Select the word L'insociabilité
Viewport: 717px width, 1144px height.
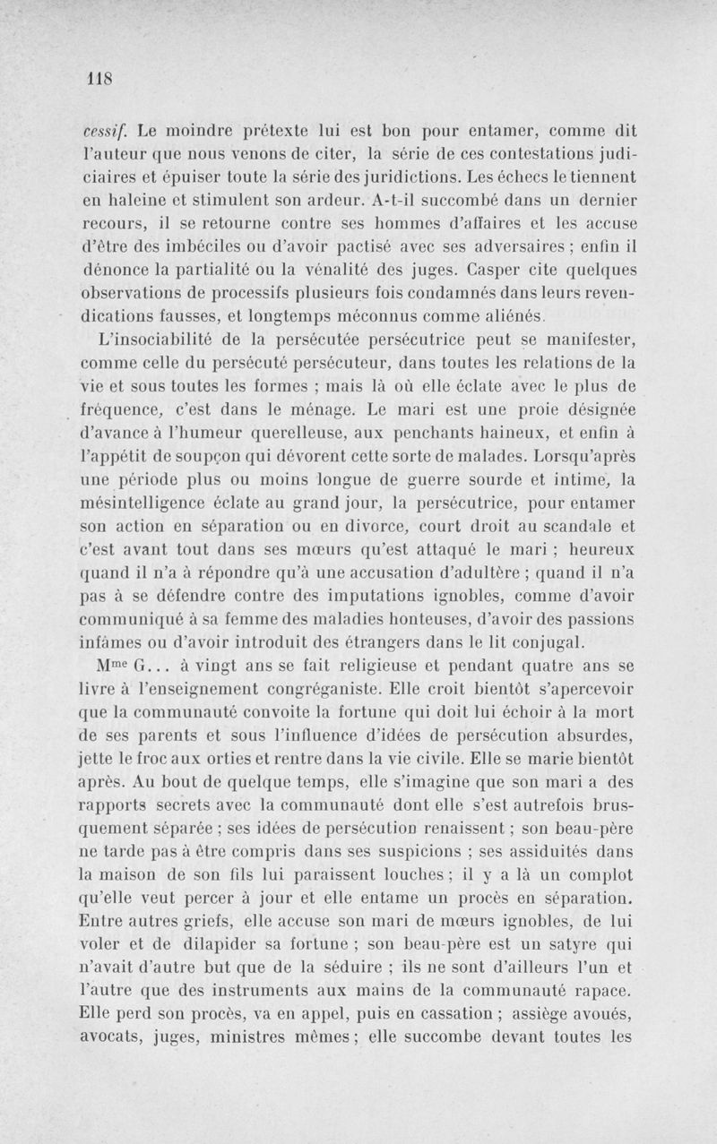point(169,341)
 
